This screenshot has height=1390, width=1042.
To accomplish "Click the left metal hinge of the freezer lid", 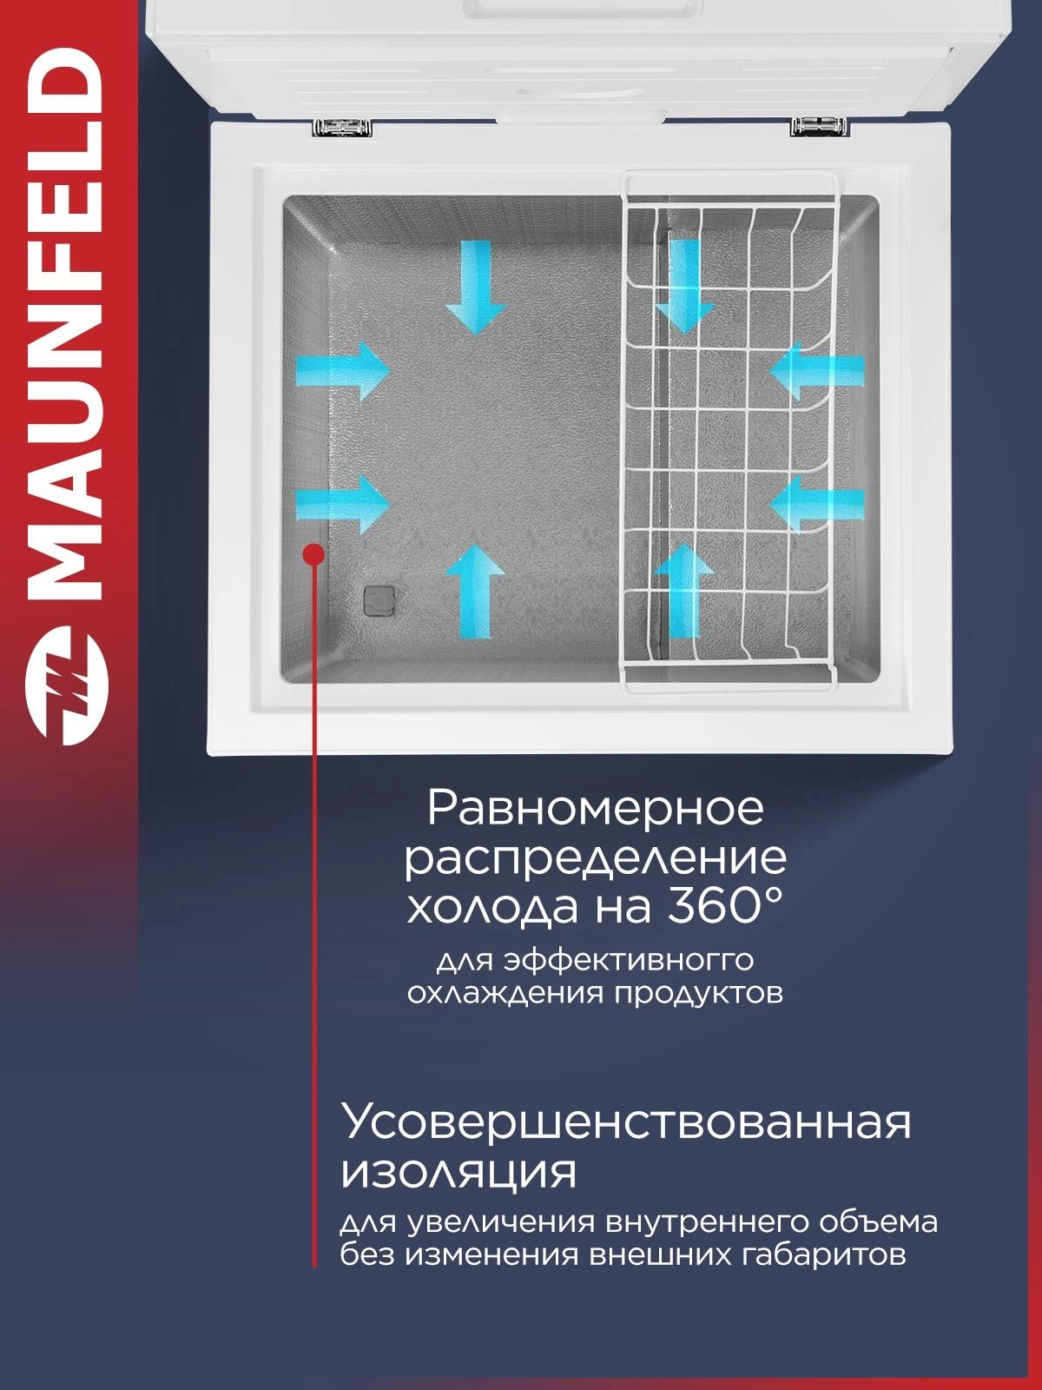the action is tap(341, 128).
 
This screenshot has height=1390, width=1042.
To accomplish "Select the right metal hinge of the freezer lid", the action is tap(819, 126).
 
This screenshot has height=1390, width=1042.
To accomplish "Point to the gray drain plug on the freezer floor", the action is tap(379, 600).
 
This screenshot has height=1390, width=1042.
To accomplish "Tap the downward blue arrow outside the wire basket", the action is tap(475, 287).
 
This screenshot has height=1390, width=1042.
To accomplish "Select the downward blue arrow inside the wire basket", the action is tap(684, 287).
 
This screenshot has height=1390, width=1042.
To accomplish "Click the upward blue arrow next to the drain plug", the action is tap(476, 591).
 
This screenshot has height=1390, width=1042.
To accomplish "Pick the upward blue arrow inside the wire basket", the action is tap(684, 591).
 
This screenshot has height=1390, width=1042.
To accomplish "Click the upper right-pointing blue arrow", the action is tap(343, 371).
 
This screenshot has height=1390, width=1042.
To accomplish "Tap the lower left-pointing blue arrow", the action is tap(817, 504).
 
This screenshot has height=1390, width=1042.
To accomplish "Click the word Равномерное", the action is tap(596, 809).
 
